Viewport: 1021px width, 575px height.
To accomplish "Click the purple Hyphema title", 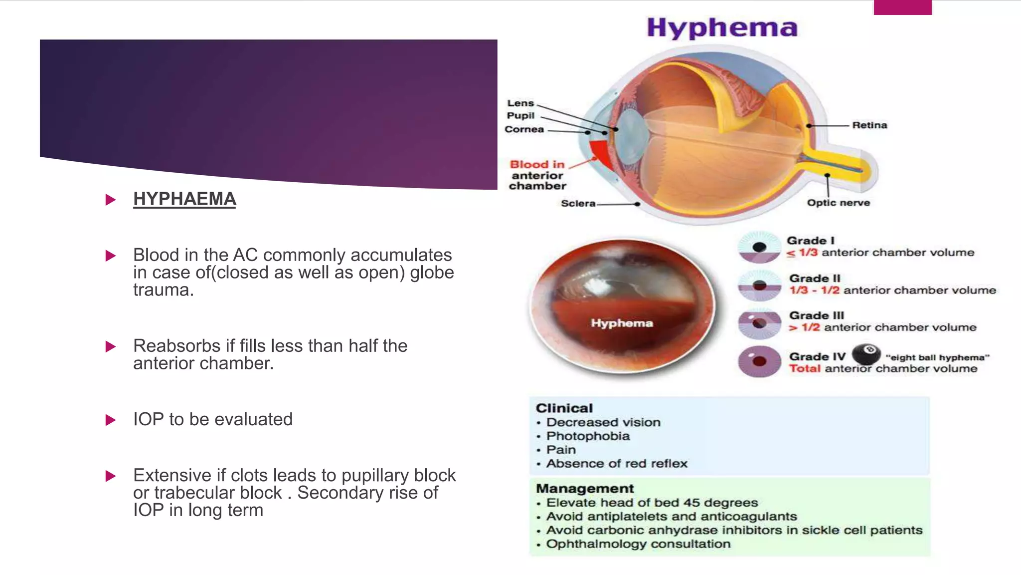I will (722, 28).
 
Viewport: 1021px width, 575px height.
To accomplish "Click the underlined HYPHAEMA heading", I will (184, 199).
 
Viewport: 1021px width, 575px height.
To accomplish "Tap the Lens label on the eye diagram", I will (520, 103).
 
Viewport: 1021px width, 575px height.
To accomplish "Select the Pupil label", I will (520, 116).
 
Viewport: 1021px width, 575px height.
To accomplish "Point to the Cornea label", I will (524, 129).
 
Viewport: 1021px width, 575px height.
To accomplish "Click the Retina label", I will (869, 125).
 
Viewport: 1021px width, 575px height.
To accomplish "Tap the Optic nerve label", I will (838, 203).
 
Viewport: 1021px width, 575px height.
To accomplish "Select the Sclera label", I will (578, 204).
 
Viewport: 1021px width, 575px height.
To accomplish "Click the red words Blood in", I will (537, 164).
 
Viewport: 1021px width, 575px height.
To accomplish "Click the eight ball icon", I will (866, 354).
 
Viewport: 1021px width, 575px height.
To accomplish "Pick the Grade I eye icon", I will (759, 247).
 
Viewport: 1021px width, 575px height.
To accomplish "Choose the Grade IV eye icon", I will (759, 361).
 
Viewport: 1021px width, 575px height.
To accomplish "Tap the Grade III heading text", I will (816, 315).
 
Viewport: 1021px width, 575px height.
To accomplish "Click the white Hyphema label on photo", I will (622, 323).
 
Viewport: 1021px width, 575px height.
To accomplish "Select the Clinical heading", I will (564, 408).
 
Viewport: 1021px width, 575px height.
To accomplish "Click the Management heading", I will (585, 488).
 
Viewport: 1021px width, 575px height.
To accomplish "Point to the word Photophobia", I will (588, 436).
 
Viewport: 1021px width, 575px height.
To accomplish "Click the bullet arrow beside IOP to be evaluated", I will (111, 420).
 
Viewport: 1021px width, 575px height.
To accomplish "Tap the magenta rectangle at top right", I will (902, 7).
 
